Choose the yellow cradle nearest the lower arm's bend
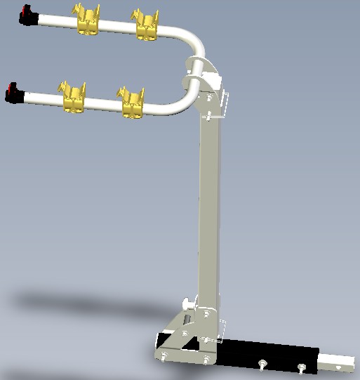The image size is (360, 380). (x=133, y=103)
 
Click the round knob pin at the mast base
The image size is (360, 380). (x=187, y=304)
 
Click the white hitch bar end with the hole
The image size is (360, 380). (x=340, y=364)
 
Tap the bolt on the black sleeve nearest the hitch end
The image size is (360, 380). (x=302, y=367)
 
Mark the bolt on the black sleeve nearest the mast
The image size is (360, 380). (x=262, y=363)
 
